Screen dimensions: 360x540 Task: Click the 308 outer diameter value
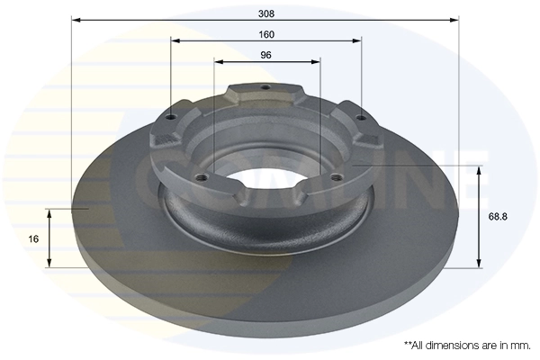click(265, 13)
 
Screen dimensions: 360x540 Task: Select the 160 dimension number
click(265, 34)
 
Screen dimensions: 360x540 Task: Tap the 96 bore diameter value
click(265, 55)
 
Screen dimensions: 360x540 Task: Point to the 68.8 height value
click(498, 216)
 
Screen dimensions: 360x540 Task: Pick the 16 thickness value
click(33, 238)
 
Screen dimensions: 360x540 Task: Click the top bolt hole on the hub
click(264, 88)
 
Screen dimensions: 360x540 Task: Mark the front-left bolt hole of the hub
click(202, 175)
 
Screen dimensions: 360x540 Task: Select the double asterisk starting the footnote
click(408, 344)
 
